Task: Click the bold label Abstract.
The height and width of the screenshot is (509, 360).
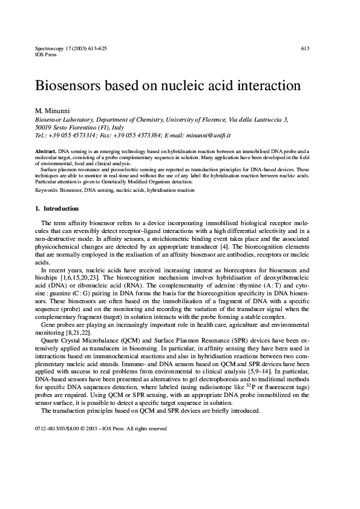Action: (x=45, y=150)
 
